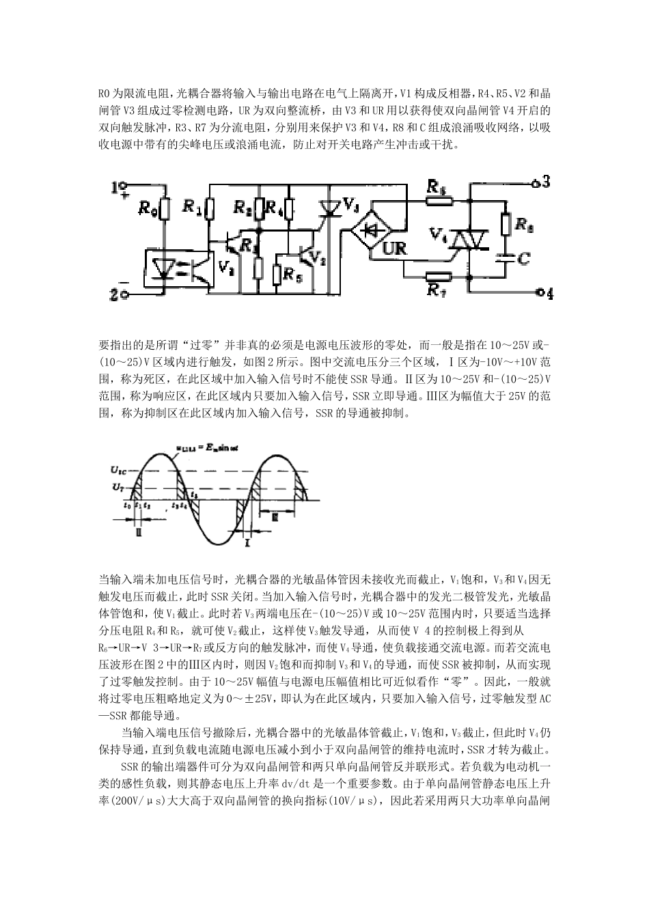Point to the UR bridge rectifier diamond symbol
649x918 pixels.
(373, 230)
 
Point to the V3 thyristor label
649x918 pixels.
(351, 204)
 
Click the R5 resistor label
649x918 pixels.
(292, 276)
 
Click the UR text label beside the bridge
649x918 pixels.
(394, 249)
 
